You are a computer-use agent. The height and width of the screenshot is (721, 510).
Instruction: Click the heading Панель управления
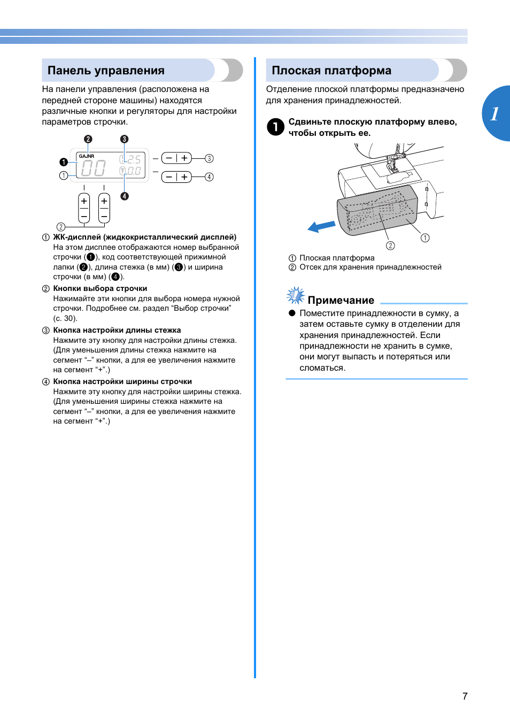106,71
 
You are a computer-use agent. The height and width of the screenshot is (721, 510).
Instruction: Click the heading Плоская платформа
331,71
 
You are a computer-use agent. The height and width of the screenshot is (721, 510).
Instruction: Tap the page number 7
465,696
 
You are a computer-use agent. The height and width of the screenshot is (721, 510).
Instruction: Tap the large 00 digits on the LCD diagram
94,168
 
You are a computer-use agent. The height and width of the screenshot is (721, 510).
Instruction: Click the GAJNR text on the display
87,156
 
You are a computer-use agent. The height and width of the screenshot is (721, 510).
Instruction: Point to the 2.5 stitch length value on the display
134,159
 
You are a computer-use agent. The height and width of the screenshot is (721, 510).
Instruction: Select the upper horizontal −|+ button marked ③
176,158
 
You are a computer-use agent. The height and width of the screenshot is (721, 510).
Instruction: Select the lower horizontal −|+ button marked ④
176,177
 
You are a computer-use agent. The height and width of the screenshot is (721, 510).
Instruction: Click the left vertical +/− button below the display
84,208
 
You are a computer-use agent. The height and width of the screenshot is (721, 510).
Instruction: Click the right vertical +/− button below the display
104,208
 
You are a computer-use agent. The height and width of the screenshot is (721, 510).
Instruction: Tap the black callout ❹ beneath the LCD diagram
125,196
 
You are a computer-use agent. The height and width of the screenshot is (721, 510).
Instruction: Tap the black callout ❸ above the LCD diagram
124,139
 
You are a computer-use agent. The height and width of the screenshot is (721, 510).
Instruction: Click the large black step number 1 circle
275,127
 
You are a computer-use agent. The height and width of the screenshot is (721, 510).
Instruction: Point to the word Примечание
341,300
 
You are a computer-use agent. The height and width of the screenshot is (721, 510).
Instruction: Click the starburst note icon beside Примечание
295,295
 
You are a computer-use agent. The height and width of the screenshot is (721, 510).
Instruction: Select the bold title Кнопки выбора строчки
100,288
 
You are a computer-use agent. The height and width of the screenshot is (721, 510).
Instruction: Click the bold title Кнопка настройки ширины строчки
122,381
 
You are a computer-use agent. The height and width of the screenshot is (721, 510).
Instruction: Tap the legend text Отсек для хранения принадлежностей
370,267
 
